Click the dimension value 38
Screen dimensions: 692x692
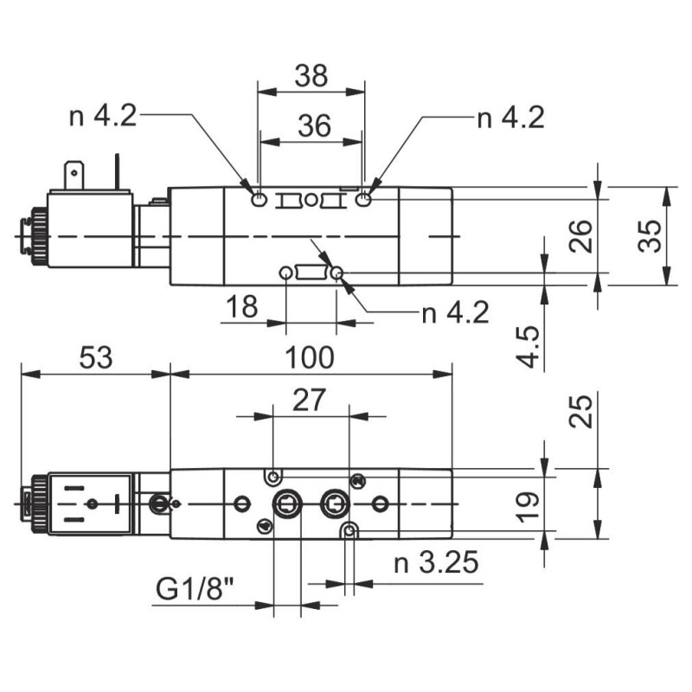click(x=311, y=76)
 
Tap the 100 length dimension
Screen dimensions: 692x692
click(x=310, y=357)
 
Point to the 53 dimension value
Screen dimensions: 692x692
click(x=94, y=357)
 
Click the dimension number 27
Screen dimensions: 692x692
click(x=309, y=400)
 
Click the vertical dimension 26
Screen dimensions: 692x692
click(x=582, y=235)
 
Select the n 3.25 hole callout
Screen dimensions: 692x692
click(x=436, y=564)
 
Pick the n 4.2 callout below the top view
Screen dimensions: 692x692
click(x=455, y=311)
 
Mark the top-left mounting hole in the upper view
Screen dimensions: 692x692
click(x=259, y=201)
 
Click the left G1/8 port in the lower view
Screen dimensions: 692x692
click(x=285, y=504)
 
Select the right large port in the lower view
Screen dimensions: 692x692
click(x=334, y=504)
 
